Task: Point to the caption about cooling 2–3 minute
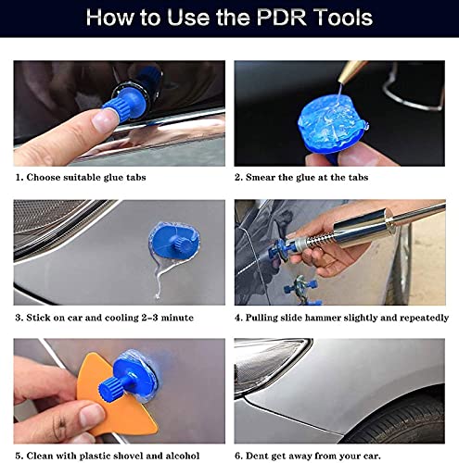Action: pos(104,317)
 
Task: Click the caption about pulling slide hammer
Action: pos(342,317)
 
